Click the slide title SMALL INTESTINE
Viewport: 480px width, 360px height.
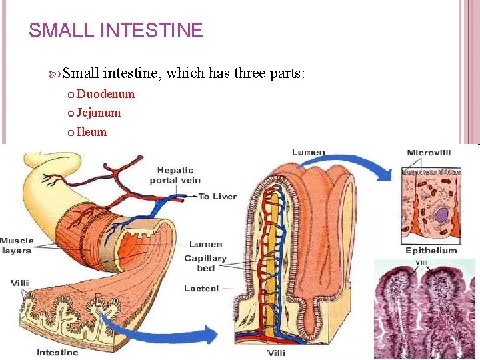click(116, 31)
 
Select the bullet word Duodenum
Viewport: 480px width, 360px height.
click(105, 94)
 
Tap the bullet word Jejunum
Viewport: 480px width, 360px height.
click(99, 113)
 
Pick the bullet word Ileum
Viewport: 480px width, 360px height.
click(91, 131)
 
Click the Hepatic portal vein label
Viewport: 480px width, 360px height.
click(178, 175)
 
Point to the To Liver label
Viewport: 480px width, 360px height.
click(217, 197)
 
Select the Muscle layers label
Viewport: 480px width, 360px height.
click(16, 245)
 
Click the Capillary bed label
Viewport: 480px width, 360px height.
click(205, 263)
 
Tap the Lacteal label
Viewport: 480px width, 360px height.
click(201, 289)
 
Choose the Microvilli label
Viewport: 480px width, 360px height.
click(429, 153)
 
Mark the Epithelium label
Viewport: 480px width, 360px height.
click(431, 251)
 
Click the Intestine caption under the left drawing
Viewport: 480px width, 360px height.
click(57, 352)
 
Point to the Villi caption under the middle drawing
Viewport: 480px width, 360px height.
click(277, 353)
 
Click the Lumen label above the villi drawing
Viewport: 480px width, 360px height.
click(308, 153)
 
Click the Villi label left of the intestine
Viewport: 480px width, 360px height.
click(19, 283)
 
